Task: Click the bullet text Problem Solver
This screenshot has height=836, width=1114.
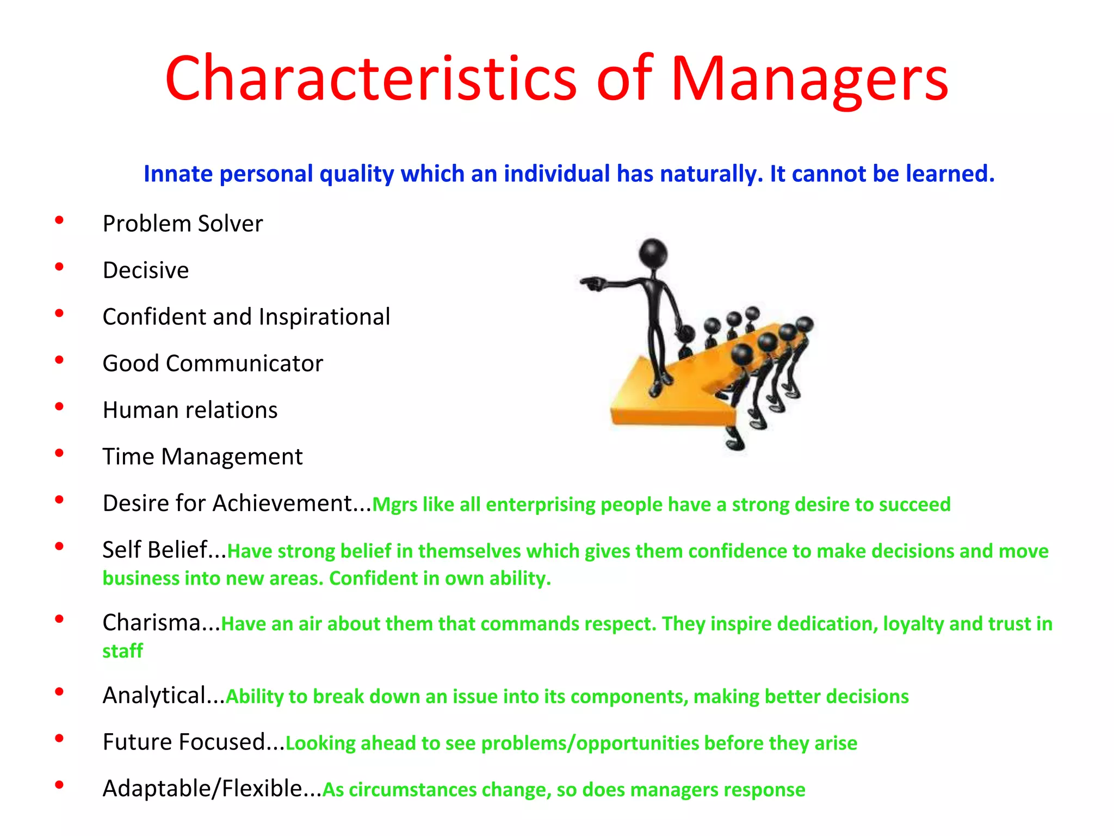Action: pos(183,224)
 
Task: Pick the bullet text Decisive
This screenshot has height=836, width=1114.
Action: pos(146,271)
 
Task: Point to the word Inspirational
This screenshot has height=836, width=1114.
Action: pos(324,317)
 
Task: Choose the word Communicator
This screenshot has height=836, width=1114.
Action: pos(244,364)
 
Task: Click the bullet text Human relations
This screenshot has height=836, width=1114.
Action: pos(190,410)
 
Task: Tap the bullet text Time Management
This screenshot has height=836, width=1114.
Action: pos(202,457)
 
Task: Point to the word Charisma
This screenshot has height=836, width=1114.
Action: pos(152,623)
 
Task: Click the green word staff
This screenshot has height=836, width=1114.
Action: pos(122,651)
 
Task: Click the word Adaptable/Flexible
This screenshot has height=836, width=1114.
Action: pos(202,789)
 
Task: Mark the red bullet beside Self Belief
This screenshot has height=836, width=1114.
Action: pos(59,546)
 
